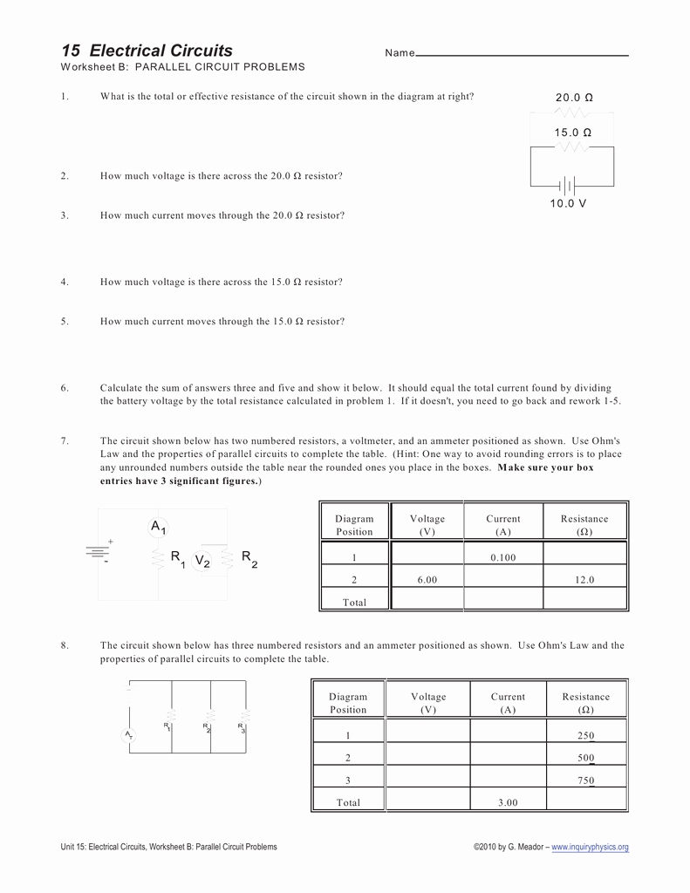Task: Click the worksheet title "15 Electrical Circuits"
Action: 147,51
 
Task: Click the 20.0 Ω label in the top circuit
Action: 574,98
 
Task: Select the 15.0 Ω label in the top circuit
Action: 572,133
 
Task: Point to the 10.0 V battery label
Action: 568,203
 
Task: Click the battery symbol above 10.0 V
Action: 568,185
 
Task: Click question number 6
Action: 65,388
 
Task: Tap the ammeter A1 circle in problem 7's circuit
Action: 159,527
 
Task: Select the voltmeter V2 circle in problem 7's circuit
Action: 202,561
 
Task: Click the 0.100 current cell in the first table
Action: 503,557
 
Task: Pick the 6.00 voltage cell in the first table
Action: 427,580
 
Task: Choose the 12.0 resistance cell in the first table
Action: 584,580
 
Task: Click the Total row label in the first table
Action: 354,603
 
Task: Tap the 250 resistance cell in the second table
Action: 585,735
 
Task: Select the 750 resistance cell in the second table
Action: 585,781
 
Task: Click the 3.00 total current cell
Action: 508,803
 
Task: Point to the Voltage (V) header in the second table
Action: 428,703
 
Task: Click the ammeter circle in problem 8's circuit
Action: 128,736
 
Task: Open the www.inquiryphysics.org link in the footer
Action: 590,847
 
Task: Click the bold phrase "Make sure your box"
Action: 545,468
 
